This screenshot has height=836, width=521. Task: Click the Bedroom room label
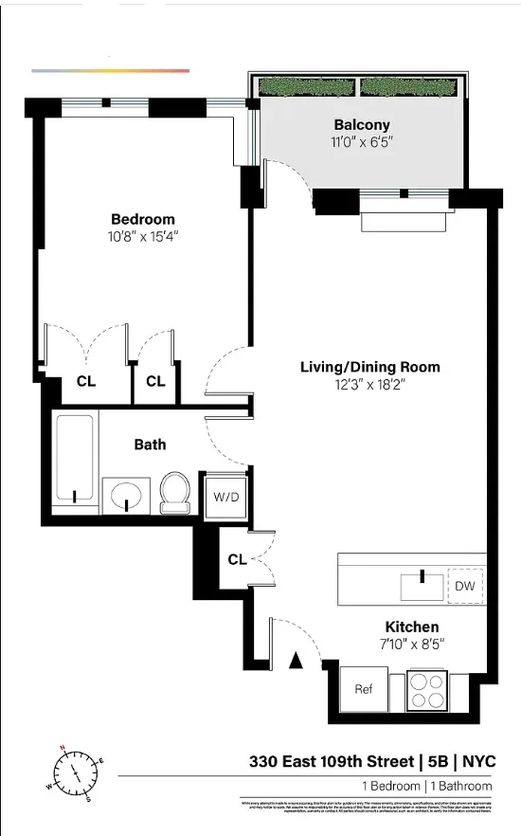point(143,219)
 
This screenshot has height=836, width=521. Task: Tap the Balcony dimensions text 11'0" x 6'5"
point(361,142)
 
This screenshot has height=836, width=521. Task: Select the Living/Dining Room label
point(369,367)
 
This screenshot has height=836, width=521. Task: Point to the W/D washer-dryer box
point(225,496)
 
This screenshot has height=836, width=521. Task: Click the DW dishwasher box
point(464,586)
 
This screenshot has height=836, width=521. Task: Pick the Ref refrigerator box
point(364,689)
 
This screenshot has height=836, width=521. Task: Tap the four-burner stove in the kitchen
point(427,689)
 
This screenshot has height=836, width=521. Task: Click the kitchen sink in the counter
point(421,585)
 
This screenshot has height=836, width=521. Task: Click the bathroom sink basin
point(126,496)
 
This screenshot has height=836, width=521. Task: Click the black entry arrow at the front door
point(296,661)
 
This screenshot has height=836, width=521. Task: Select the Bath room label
point(150,444)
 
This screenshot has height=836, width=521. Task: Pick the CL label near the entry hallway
point(237,559)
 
